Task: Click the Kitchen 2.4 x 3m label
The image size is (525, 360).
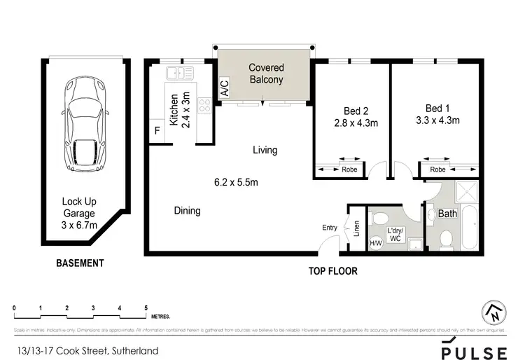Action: point(181,108)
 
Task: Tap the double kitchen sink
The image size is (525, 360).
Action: point(179,72)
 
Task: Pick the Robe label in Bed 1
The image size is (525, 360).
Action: point(438,169)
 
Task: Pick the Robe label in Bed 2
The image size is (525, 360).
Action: point(348,169)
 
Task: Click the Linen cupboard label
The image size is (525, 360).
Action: point(356,228)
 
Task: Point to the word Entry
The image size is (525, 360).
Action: point(330,228)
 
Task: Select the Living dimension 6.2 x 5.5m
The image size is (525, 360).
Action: point(237,183)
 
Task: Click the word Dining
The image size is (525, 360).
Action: point(188,211)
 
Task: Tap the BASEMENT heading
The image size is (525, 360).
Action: point(80,263)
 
